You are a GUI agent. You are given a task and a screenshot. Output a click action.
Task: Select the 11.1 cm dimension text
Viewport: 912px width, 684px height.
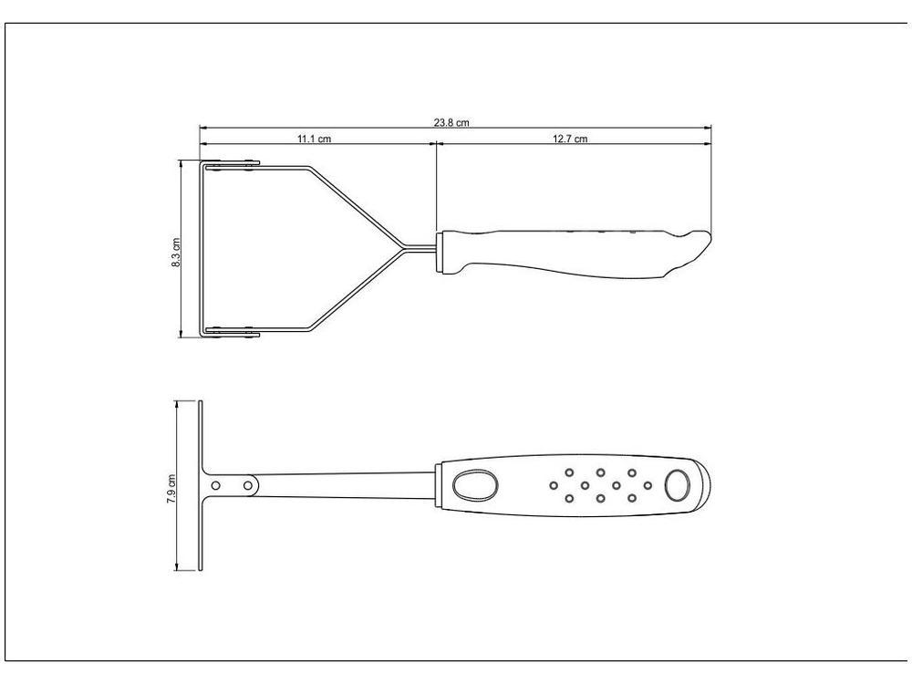(x=313, y=139)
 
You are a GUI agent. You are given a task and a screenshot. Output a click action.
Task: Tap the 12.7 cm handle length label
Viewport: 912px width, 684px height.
(x=570, y=139)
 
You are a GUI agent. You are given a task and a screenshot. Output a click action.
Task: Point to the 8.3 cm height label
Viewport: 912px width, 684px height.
(x=176, y=251)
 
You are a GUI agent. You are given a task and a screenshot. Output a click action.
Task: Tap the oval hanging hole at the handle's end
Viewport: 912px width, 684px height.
(x=677, y=485)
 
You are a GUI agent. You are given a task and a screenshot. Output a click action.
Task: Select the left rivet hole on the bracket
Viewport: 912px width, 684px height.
(x=215, y=485)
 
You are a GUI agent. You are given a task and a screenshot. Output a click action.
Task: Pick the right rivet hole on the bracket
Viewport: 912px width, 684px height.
(x=247, y=485)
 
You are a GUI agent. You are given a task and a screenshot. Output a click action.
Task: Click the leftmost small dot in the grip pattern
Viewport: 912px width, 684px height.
(x=554, y=485)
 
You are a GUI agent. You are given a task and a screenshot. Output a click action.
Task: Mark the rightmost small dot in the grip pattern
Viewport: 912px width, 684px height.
(x=648, y=485)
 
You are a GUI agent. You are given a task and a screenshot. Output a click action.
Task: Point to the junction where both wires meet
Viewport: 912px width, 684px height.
(x=402, y=246)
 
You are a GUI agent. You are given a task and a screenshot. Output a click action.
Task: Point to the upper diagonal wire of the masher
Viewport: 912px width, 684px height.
(x=356, y=206)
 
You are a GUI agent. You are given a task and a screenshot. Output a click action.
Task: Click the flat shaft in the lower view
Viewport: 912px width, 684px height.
(x=347, y=483)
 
